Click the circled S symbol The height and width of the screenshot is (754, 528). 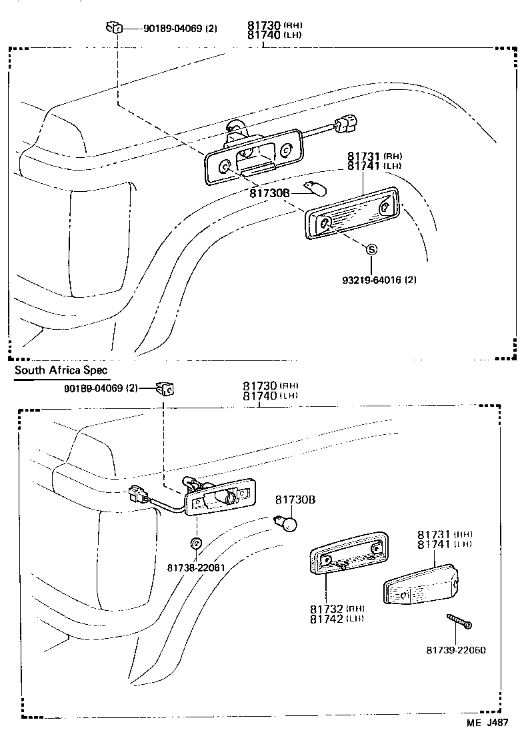coord(372,249)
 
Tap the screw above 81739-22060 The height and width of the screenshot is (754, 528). coord(459,621)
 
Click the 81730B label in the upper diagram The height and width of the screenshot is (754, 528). coord(270,193)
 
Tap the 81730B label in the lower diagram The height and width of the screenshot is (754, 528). coord(295,499)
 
